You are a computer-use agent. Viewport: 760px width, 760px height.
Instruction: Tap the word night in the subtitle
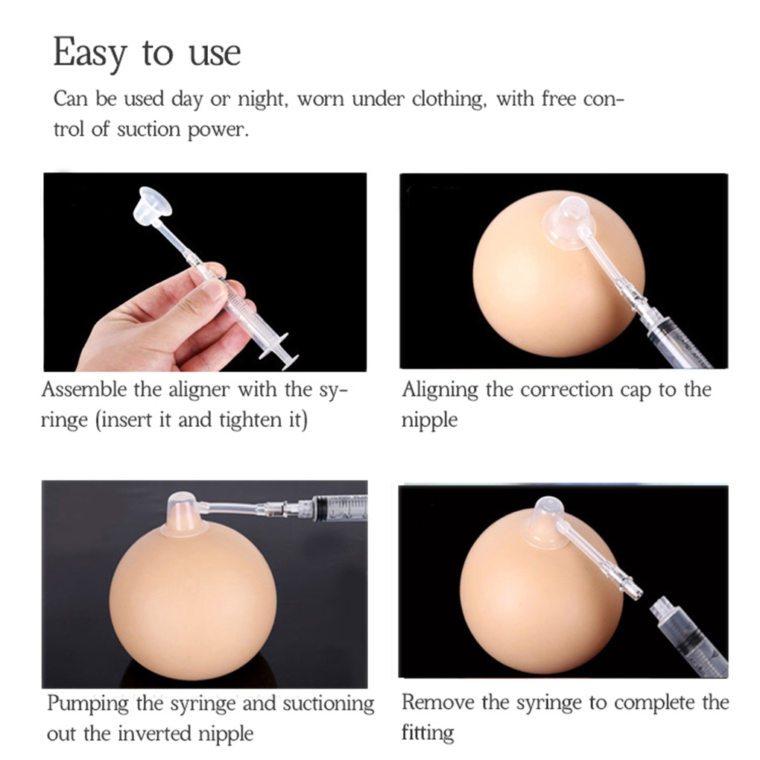tap(259, 99)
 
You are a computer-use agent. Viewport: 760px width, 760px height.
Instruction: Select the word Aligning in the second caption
tap(440, 390)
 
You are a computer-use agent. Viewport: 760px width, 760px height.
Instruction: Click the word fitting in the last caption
tap(428, 733)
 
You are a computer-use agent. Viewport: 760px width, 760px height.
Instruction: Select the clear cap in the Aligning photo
tap(569, 221)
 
